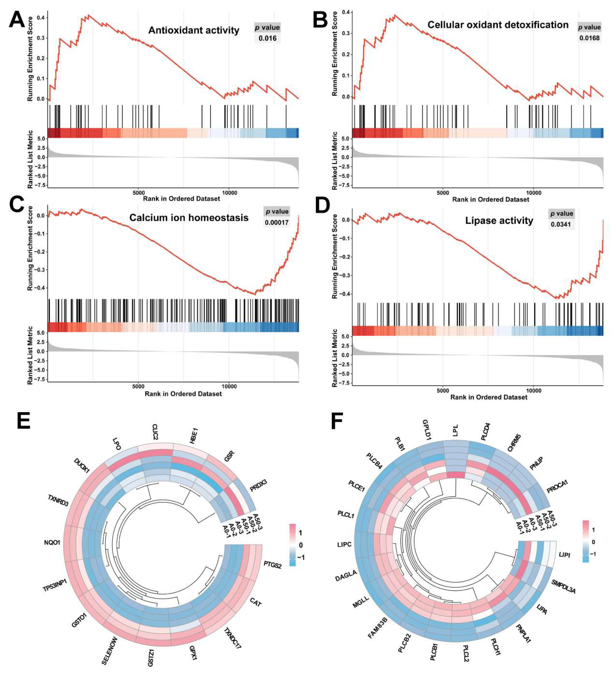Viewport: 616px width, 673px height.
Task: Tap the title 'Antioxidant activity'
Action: click(194, 30)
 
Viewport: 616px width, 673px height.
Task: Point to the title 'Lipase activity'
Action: click(499, 221)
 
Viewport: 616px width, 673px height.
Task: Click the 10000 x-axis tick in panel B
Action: click(533, 193)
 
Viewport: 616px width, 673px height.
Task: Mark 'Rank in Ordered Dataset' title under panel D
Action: click(489, 397)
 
